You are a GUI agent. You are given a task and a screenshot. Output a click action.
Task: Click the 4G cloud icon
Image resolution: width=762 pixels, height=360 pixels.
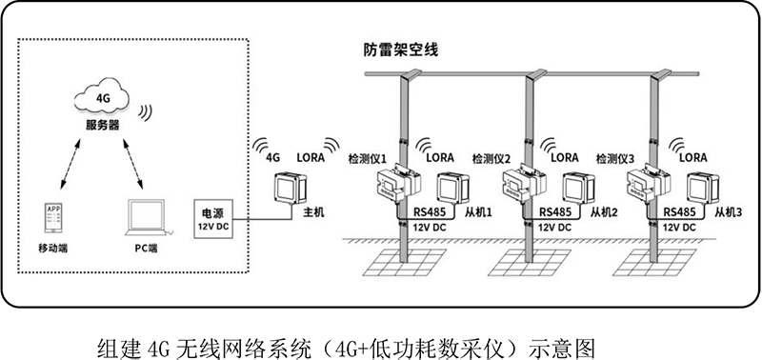102,97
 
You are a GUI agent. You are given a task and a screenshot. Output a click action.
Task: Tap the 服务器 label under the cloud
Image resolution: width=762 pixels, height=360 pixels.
102,125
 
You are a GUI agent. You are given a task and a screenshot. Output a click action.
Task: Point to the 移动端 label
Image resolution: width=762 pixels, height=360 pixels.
53,249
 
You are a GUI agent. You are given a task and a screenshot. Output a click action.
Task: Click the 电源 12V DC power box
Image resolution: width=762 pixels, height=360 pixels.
213,219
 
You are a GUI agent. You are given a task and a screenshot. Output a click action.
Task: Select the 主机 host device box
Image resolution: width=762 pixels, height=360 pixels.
291,188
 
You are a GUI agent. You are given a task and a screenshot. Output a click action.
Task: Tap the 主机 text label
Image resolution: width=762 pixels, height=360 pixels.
313,212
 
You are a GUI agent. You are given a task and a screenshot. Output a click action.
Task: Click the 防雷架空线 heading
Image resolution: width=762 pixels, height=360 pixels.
401,50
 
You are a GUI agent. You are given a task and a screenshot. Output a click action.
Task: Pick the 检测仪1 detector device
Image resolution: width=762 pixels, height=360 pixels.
398,182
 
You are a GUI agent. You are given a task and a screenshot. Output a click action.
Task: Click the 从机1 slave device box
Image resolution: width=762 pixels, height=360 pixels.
453,188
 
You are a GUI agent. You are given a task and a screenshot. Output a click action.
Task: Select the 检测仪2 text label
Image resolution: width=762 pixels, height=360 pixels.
491,158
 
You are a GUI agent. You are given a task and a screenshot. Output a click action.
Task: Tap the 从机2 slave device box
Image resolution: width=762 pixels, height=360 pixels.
579,188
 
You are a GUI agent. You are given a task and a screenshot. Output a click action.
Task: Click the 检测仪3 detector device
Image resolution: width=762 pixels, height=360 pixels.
649,182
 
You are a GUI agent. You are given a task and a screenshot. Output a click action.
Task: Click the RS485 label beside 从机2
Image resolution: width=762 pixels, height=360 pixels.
555,212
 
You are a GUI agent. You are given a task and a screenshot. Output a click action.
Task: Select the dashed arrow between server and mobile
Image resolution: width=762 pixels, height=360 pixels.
70,164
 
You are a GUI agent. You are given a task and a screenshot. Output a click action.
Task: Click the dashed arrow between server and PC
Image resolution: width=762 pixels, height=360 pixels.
132,164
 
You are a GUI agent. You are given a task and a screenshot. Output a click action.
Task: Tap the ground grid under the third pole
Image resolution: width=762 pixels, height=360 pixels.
656,262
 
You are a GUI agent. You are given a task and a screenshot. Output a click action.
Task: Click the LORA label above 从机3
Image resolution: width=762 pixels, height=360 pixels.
693,157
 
